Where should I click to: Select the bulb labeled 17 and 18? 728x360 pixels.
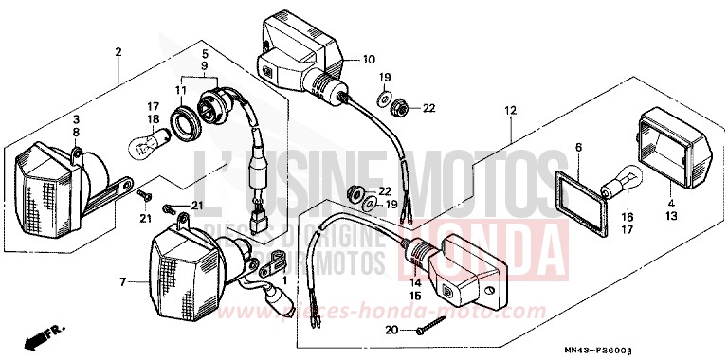(x=143, y=144)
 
